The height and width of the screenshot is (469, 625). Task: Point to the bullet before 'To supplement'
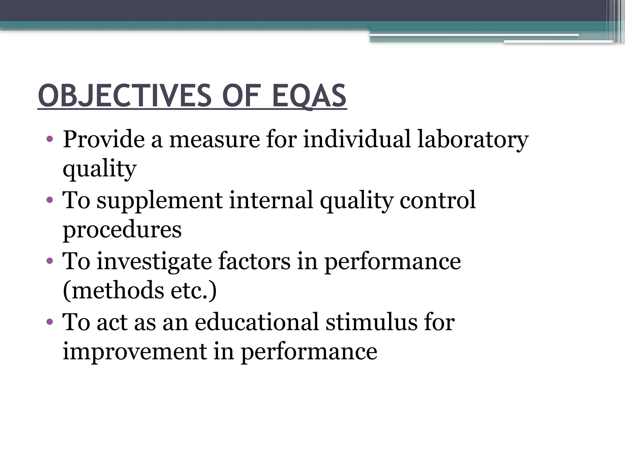pyautogui.click(x=50, y=201)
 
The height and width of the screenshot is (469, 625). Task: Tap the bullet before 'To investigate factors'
pyautogui.click(x=50, y=261)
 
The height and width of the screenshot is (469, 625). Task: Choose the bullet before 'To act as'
pyautogui.click(x=50, y=322)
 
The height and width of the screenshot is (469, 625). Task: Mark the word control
pyautogui.click(x=438, y=201)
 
